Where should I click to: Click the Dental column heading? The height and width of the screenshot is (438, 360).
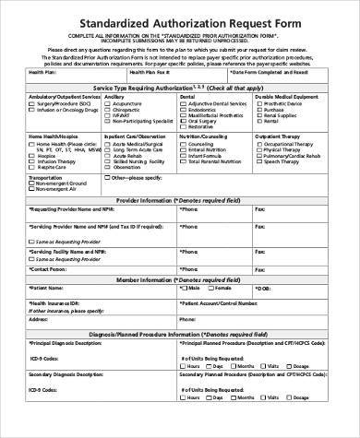187,96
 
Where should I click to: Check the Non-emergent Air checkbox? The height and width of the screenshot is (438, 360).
32,190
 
